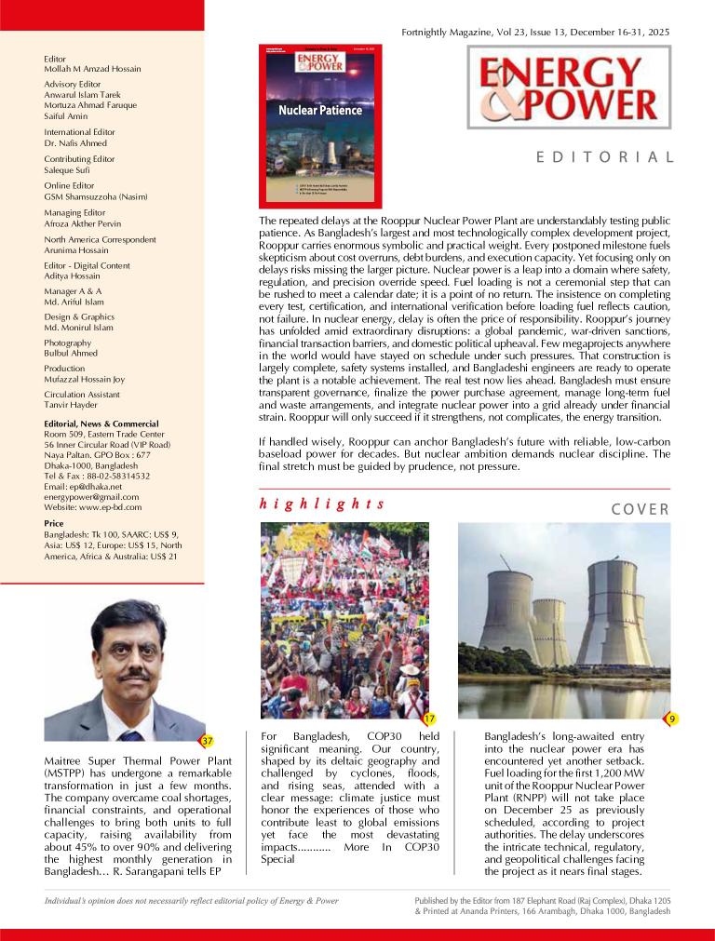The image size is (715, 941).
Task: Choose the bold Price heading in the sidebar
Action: pyautogui.click(x=54, y=524)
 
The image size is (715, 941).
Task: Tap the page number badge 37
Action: pyautogui.click(x=209, y=741)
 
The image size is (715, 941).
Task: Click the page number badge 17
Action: pyautogui.click(x=429, y=719)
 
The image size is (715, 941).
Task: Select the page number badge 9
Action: pyautogui.click(x=671, y=719)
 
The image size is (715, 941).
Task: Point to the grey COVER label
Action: pyautogui.click(x=641, y=509)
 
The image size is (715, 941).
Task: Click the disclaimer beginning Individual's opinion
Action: pyautogui.click(x=192, y=901)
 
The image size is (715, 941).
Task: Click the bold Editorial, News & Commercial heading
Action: pyautogui.click(x=101, y=423)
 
